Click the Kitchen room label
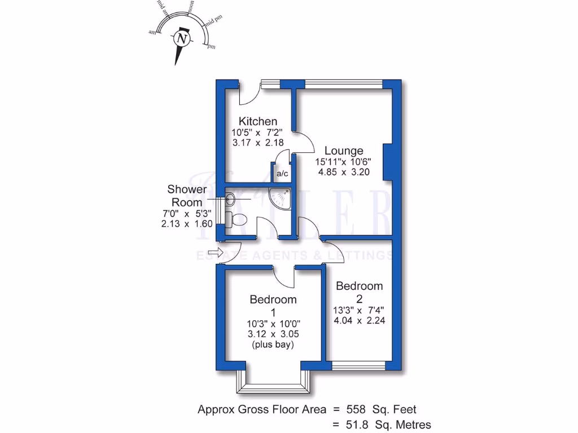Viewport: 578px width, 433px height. [257, 121]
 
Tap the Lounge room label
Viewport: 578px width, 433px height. [343, 151]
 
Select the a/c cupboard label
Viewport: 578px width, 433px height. [282, 173]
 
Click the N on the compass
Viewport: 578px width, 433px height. [181, 39]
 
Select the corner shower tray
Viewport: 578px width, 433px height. [282, 197]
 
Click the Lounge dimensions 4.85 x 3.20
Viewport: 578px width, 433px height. [343, 172]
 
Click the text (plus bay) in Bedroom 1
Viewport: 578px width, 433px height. [273, 344]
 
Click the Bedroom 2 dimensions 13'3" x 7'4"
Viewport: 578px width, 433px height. [359, 310]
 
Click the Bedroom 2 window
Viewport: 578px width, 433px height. [358, 366]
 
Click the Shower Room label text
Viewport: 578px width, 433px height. [186, 196]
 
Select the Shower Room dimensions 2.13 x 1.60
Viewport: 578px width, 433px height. [186, 223]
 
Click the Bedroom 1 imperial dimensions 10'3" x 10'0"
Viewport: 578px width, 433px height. [273, 323]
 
